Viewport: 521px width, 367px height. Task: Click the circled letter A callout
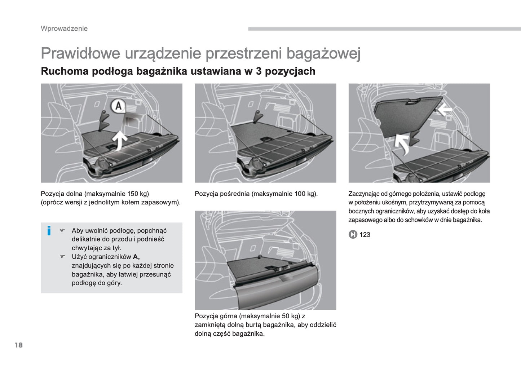pyautogui.click(x=118, y=106)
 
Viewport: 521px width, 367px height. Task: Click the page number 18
pyautogui.click(x=19, y=345)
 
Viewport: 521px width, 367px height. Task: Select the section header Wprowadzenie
pyautogui.click(x=64, y=28)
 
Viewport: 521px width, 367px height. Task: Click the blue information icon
pyautogui.click(x=49, y=231)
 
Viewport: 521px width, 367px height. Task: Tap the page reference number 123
pyautogui.click(x=365, y=235)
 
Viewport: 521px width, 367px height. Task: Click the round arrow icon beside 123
pyautogui.click(x=353, y=235)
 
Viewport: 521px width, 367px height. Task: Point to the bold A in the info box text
pyautogui.click(x=136, y=257)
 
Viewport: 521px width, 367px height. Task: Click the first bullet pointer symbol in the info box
pyautogui.click(x=62, y=230)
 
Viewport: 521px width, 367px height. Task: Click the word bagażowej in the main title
pyautogui.click(x=323, y=53)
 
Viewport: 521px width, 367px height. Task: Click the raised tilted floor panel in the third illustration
pyautogui.click(x=407, y=115)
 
